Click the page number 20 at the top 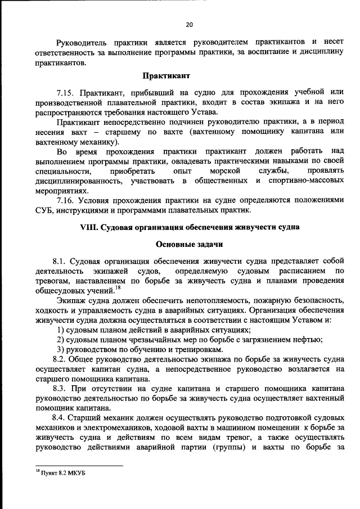click(189, 24)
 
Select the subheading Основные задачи click(189, 245)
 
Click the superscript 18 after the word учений click(118, 289)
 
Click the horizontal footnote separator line click(76, 466)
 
